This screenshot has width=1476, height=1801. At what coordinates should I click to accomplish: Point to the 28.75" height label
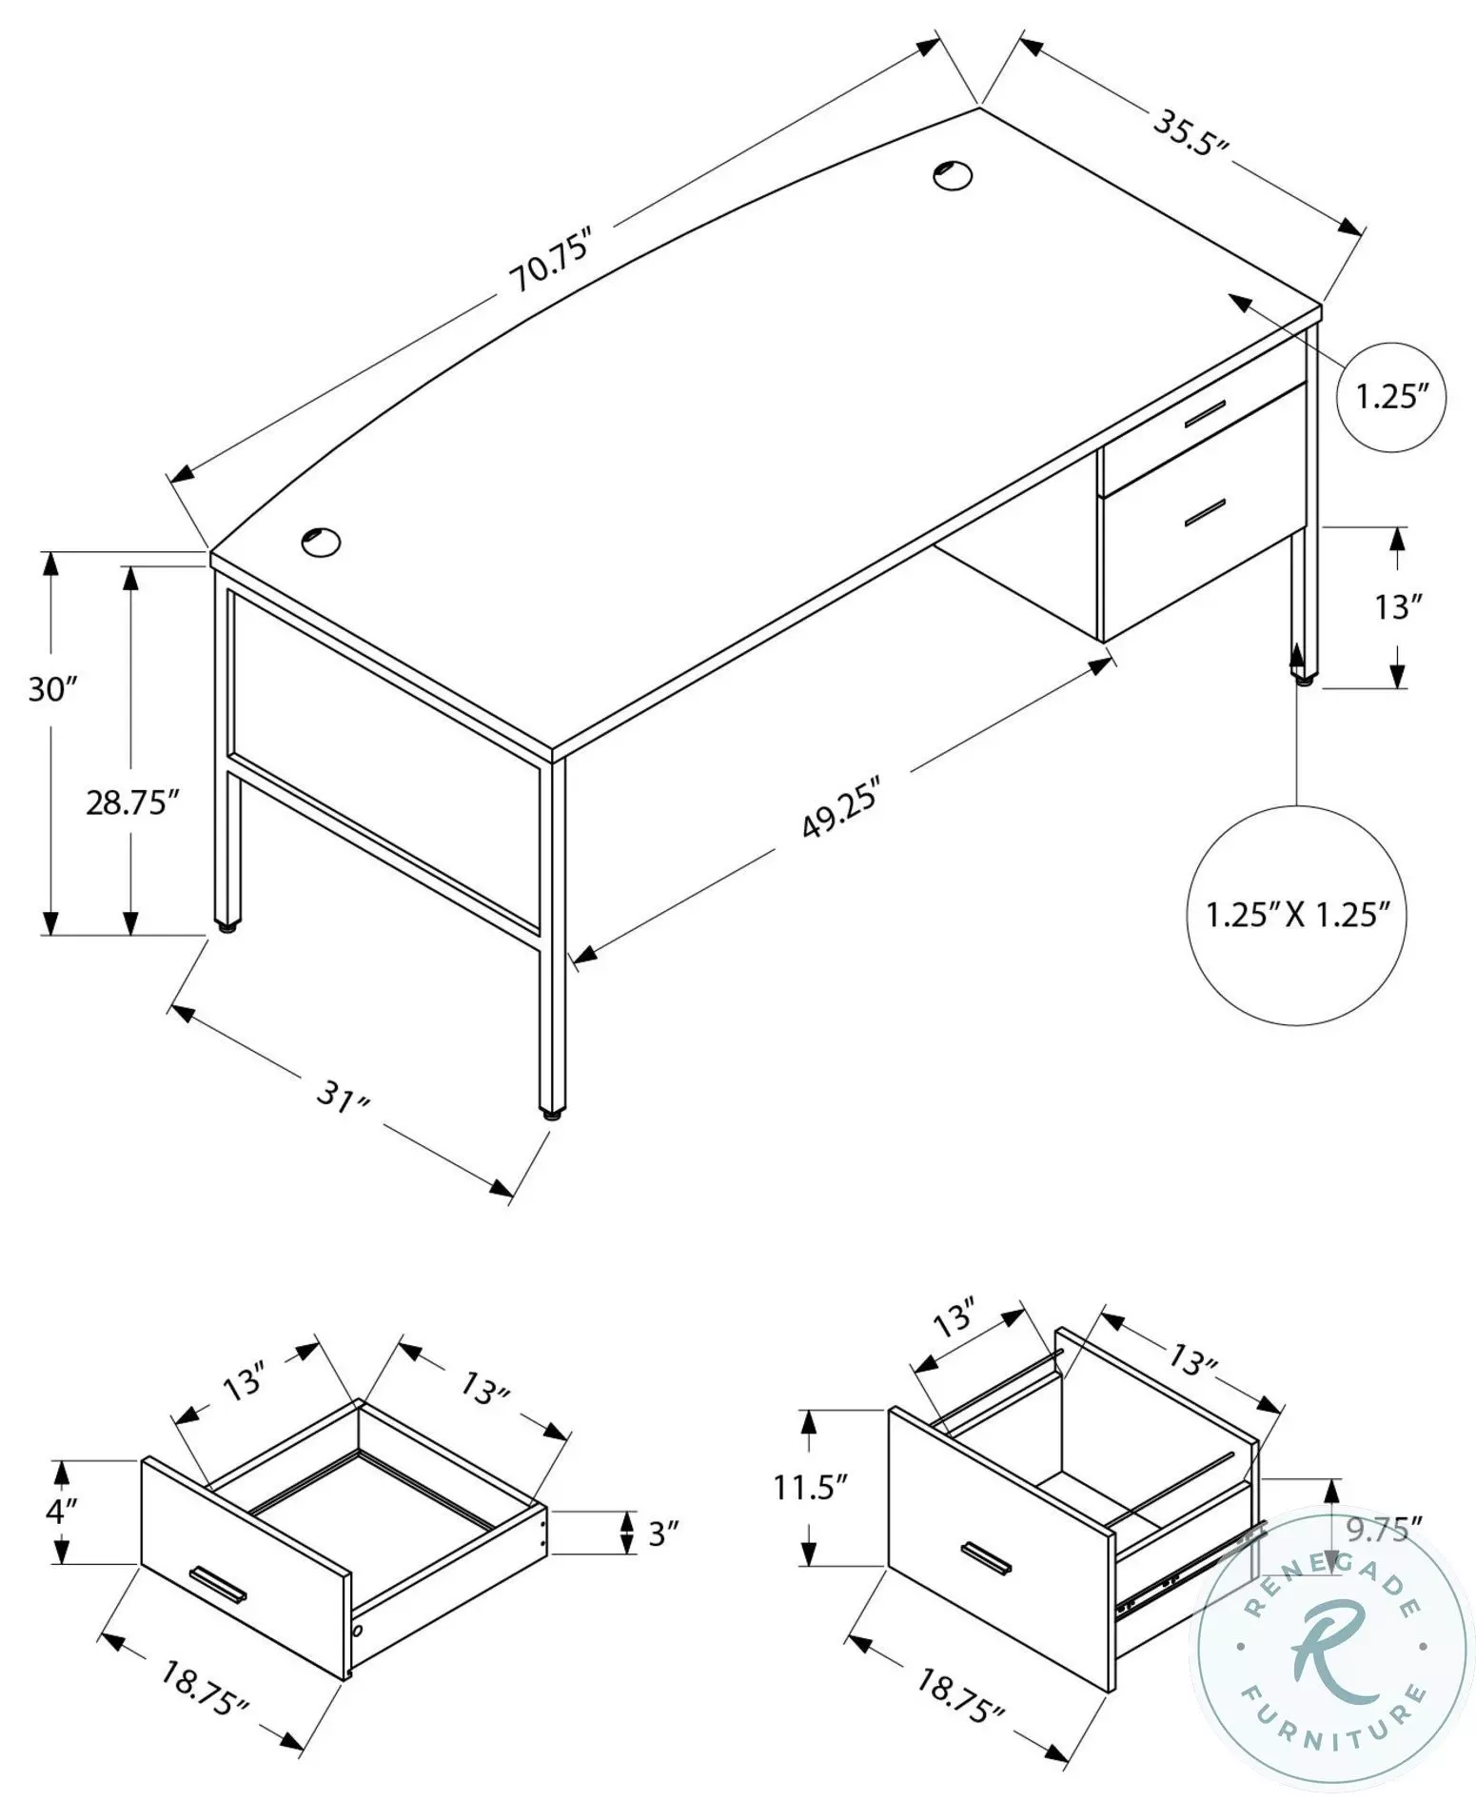[x=132, y=802]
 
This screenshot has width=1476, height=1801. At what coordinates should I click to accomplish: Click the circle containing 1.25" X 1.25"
[x=1296, y=915]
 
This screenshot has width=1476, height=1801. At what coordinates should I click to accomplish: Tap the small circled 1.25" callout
[x=1391, y=397]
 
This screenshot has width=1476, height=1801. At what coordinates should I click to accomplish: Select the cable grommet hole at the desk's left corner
[x=321, y=543]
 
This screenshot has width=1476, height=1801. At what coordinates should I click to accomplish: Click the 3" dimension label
[x=663, y=1534]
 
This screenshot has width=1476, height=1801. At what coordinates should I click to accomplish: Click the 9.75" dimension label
[x=1384, y=1531]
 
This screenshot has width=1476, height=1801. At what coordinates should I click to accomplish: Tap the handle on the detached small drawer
[x=218, y=1582]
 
